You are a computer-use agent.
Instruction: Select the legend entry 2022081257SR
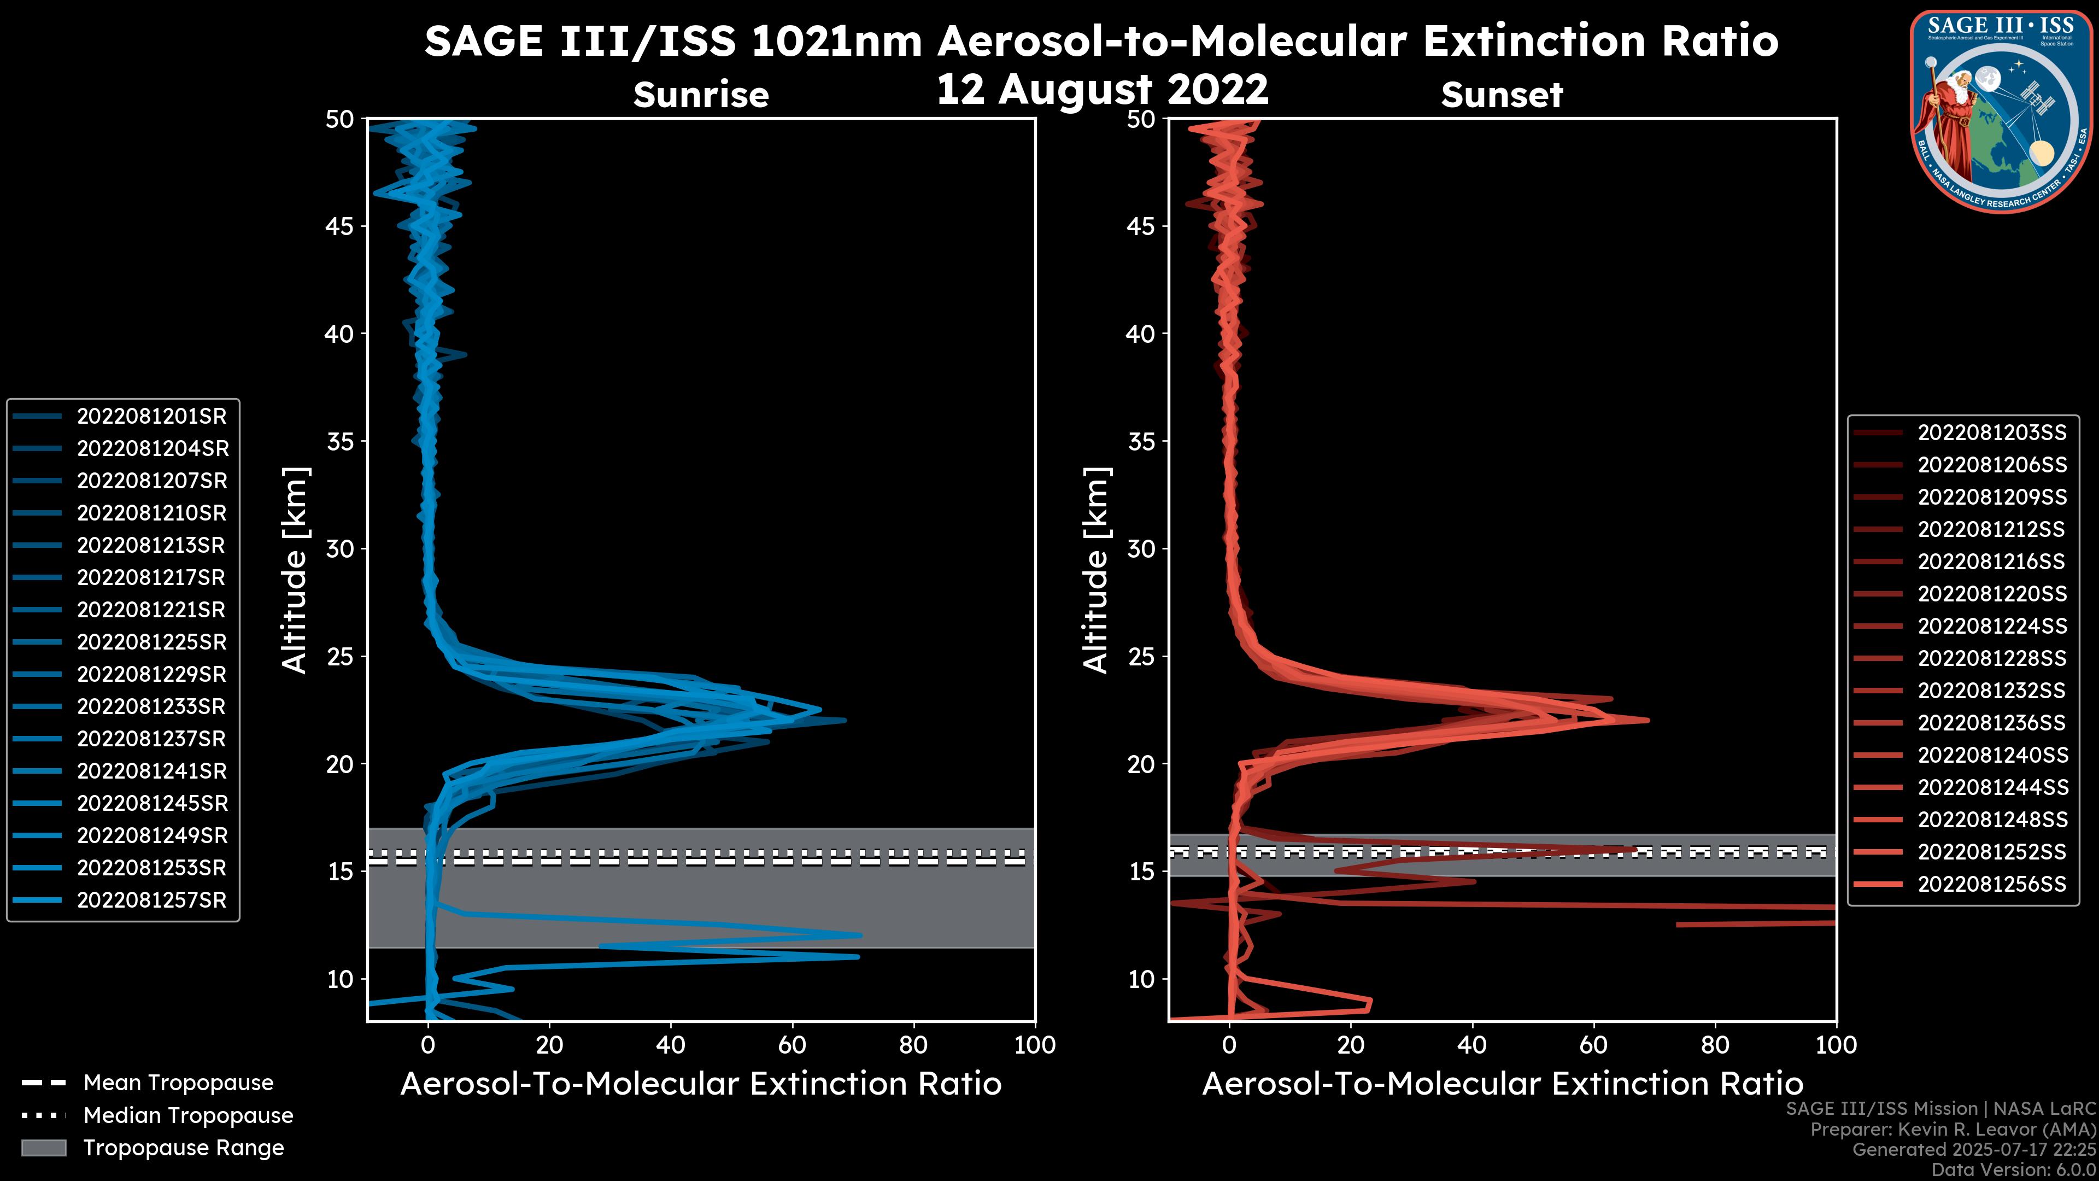pos(151,901)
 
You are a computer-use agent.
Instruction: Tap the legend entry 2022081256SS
pos(1991,884)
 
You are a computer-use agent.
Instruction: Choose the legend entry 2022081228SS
pos(1991,658)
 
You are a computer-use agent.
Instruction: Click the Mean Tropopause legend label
pos(178,1083)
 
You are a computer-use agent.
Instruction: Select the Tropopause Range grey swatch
pos(44,1148)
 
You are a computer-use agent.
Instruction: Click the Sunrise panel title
pos(701,95)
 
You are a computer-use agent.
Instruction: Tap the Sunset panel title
pos(1502,95)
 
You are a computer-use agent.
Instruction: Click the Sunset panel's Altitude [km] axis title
pos(1096,570)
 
